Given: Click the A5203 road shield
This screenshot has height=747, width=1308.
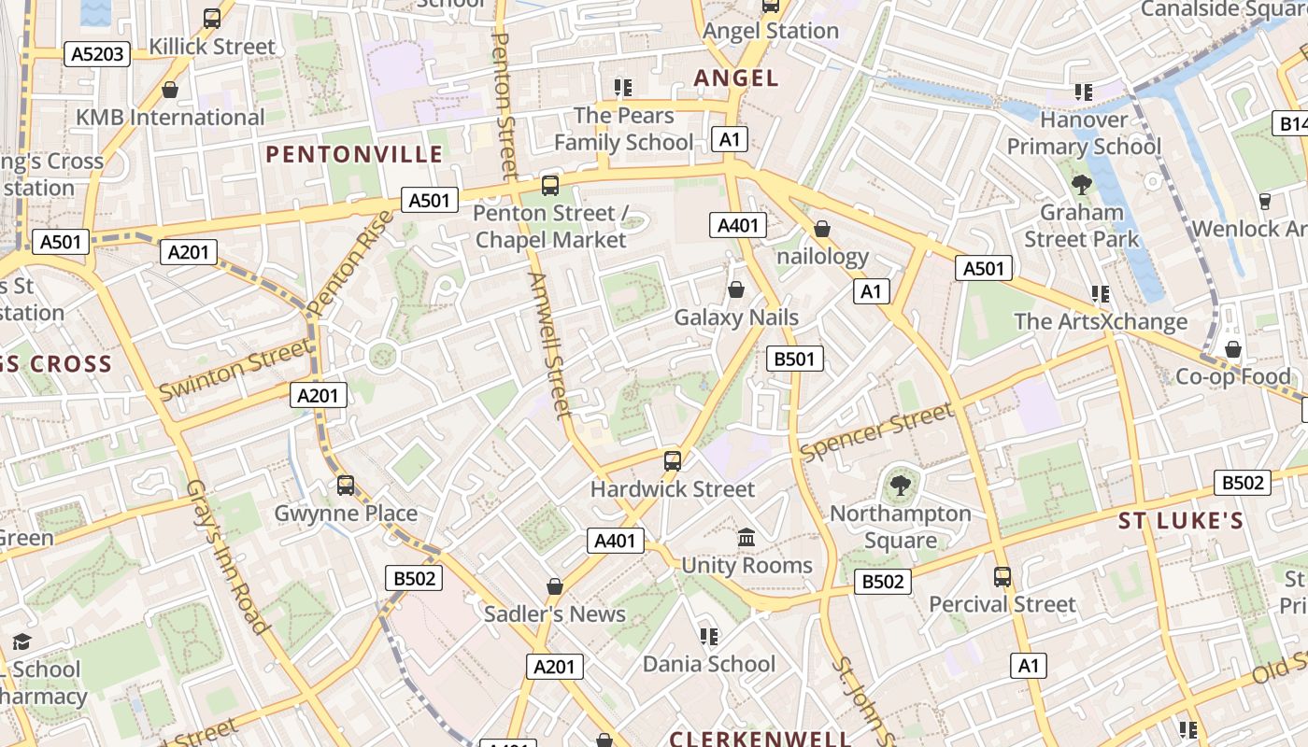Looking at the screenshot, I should pyautogui.click(x=97, y=54).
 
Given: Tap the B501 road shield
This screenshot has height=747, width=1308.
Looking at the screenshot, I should pyautogui.click(x=795, y=359).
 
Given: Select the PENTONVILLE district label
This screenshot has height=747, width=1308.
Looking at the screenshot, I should pyautogui.click(x=354, y=154).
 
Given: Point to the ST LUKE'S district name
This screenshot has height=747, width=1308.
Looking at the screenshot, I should pyautogui.click(x=1181, y=521).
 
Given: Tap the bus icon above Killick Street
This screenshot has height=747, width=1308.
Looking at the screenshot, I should pyautogui.click(x=212, y=19).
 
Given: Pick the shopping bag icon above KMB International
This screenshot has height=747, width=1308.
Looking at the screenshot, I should pyautogui.click(x=170, y=90).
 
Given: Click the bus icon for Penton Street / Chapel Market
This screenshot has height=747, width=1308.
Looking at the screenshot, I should pyautogui.click(x=550, y=185).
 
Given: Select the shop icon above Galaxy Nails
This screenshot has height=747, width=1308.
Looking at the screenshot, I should pyautogui.click(x=736, y=289).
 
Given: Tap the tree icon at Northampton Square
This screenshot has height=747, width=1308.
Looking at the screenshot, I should pyautogui.click(x=901, y=486).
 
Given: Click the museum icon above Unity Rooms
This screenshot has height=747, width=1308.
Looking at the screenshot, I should pyautogui.click(x=746, y=538).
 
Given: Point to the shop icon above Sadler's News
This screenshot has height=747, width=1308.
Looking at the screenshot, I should pyautogui.click(x=555, y=586).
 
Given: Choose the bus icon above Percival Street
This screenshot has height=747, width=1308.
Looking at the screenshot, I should pyautogui.click(x=1002, y=577).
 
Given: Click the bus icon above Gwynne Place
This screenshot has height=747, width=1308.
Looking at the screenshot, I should pyautogui.click(x=346, y=486).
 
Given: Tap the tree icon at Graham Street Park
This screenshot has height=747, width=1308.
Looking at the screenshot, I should pyautogui.click(x=1082, y=185).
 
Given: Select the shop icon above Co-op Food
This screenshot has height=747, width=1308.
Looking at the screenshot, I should pyautogui.click(x=1233, y=349).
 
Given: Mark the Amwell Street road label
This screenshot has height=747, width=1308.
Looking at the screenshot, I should pyautogui.click(x=548, y=345).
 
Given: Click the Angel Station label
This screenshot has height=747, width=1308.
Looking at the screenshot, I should pyautogui.click(x=770, y=31).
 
